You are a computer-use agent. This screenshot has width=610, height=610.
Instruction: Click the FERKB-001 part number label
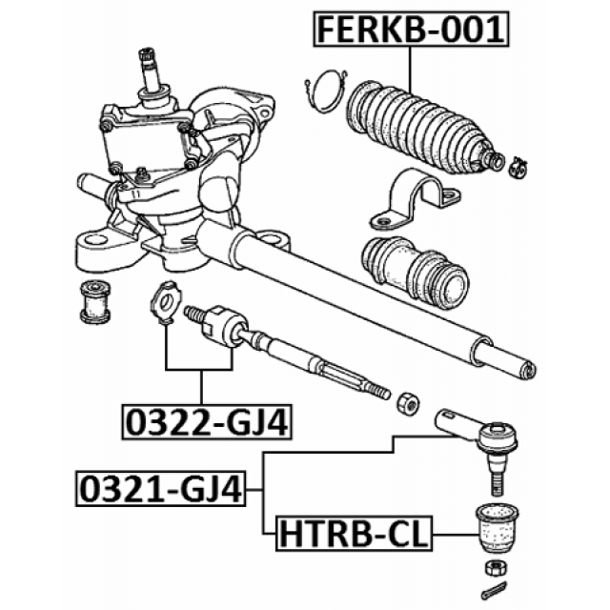tap(411, 30)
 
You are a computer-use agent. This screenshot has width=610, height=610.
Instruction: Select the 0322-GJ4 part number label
tap(207, 422)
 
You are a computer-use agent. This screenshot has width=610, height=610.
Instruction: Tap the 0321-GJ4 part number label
tap(161, 489)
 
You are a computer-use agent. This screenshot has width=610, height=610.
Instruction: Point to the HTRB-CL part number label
tap(354, 534)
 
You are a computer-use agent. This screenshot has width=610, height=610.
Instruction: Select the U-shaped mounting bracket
tap(415, 198)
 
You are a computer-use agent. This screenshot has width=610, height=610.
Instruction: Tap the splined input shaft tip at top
tap(149, 57)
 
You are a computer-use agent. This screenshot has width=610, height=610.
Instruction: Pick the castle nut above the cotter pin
tap(496, 568)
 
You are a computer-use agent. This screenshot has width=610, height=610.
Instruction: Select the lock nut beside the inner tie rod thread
tap(408, 404)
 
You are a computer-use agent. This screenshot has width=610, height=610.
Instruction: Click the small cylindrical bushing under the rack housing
tap(95, 302)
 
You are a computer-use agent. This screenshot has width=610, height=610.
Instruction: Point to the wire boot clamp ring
tap(326, 91)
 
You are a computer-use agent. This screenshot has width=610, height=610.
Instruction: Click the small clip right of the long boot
tap(518, 168)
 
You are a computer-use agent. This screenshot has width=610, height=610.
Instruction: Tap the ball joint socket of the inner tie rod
tap(225, 327)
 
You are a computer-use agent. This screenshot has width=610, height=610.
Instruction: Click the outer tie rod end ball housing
tap(498, 438)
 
